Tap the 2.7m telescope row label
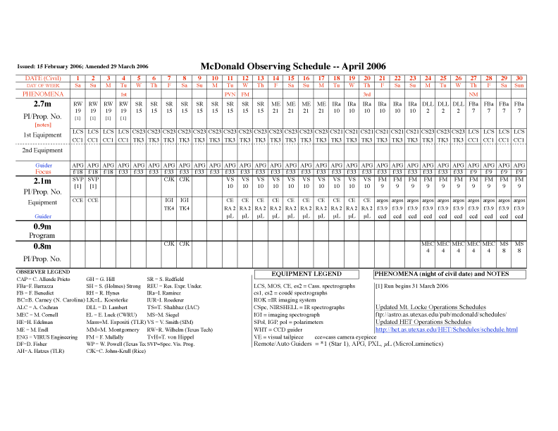[43, 104]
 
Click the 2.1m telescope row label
[43, 181]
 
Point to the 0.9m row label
[43, 227]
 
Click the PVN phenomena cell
[230, 94]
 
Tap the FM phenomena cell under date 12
[245, 94]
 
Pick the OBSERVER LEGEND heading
[44, 272]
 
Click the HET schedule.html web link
[447, 330]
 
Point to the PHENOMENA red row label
[43, 94]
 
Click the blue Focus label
[43, 171]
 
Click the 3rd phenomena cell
[367, 94]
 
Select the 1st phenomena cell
[123, 94]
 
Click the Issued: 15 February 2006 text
[54, 66]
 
